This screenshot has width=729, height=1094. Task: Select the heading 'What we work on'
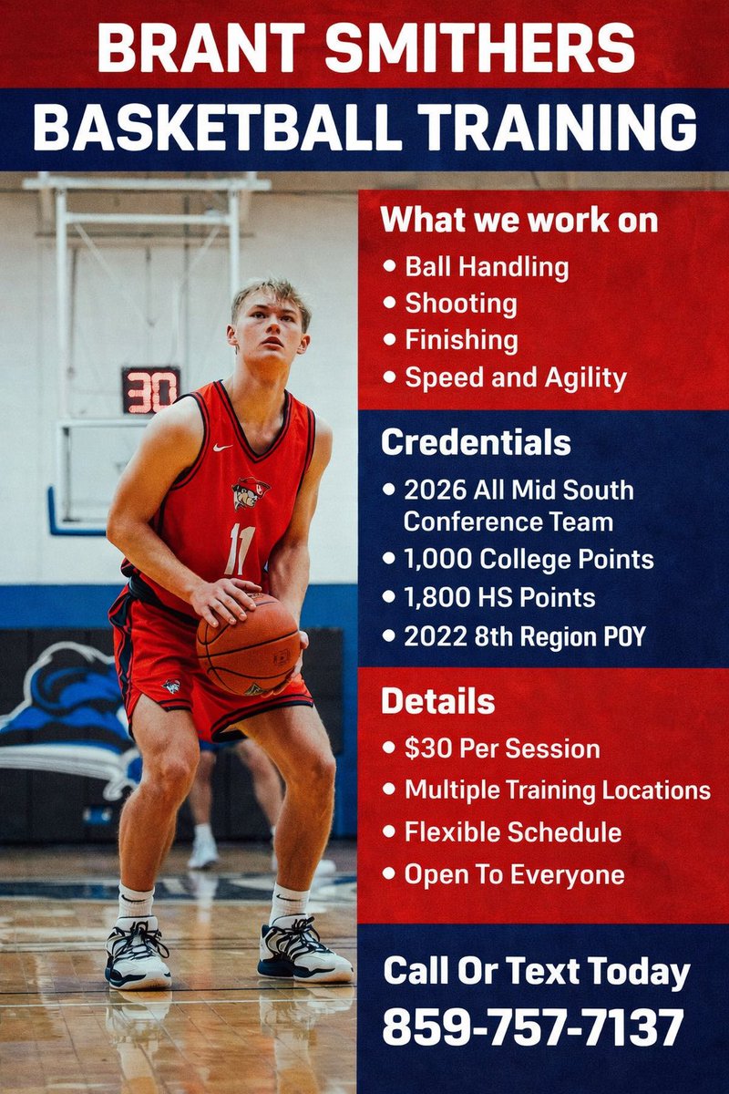click(x=519, y=221)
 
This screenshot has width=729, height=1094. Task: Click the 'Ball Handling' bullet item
click(x=487, y=267)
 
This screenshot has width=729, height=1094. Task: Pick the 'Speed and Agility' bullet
click(x=516, y=377)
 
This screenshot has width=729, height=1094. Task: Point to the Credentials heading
click(x=476, y=442)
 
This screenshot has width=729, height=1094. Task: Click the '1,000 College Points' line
click(x=529, y=559)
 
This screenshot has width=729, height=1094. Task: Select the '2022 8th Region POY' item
click(x=525, y=636)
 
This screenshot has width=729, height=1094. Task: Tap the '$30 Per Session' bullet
click(x=502, y=749)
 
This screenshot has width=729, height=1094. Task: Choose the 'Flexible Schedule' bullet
click(x=513, y=832)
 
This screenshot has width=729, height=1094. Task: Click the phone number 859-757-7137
click(x=533, y=1027)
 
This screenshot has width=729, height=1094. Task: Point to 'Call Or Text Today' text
click(x=536, y=971)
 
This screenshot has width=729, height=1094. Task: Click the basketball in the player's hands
click(x=248, y=645)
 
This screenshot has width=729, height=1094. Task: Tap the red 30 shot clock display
click(x=150, y=390)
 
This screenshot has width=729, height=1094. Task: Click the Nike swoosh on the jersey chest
click(x=222, y=448)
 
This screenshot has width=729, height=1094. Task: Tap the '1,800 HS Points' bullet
click(x=500, y=597)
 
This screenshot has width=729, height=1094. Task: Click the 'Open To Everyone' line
click(x=515, y=875)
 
